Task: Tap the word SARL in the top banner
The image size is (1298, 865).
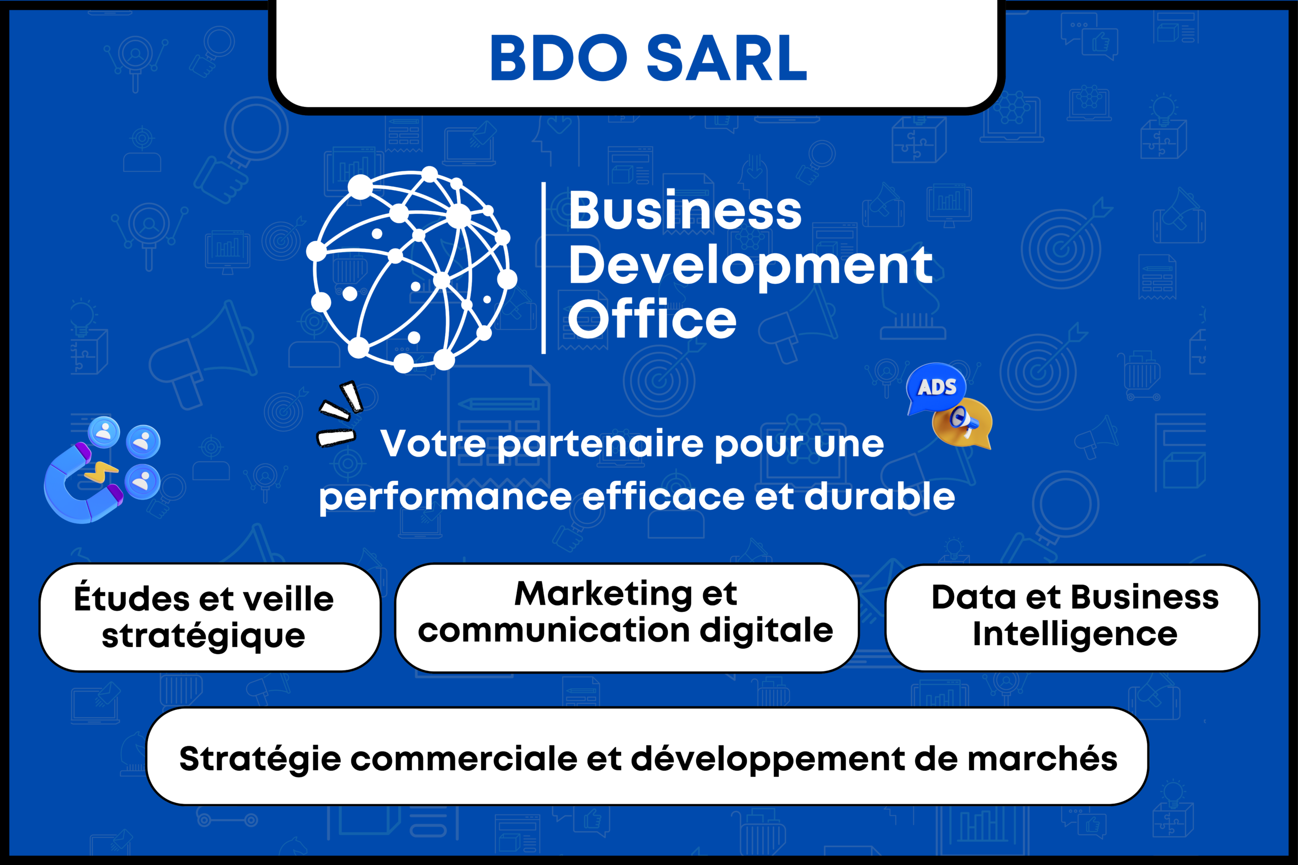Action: point(727,58)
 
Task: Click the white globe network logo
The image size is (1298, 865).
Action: point(412,269)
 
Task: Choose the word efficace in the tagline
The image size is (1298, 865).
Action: point(664,497)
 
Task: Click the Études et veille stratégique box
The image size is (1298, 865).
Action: point(210,617)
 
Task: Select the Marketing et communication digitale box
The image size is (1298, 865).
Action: point(627,618)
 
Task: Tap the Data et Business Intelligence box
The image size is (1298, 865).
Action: point(1072,618)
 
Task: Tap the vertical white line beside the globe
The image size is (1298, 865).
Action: point(544,268)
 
